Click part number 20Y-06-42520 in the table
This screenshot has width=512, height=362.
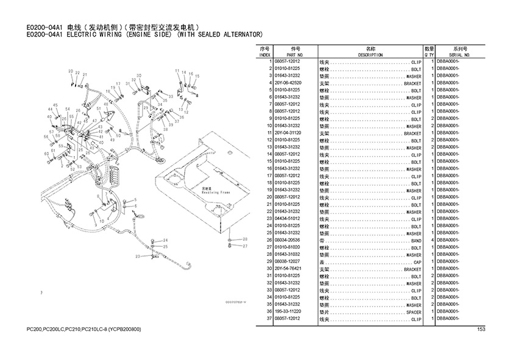tap(288, 83)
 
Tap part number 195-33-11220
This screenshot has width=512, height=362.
tap(288, 312)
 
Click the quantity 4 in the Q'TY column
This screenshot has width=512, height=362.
tap(432, 241)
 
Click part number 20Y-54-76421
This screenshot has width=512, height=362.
tap(288, 269)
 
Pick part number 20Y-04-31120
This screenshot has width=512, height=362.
tap(288, 133)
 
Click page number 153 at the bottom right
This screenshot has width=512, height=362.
tap(481, 330)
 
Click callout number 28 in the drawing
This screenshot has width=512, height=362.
tap(245, 240)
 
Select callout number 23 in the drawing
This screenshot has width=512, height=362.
tap(137, 257)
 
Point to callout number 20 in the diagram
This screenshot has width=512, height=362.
tap(71, 72)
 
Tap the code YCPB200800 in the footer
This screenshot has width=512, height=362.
tap(122, 330)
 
